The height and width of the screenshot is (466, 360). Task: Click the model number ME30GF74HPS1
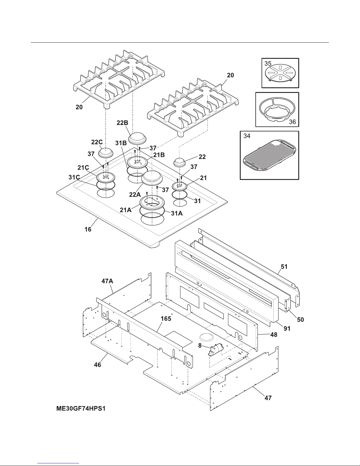(x=81, y=409)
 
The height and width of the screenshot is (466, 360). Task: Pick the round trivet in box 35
(x=280, y=74)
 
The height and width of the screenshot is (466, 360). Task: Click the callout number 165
(x=166, y=319)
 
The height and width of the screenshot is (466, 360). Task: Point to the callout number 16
(x=88, y=229)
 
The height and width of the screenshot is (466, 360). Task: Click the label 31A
(x=177, y=214)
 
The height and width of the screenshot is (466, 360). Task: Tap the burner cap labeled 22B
(x=139, y=138)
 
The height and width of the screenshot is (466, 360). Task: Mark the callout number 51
(x=284, y=267)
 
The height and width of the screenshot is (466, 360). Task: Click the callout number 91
(x=287, y=328)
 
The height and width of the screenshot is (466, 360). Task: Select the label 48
(x=274, y=335)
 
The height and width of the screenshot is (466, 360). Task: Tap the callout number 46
(x=98, y=365)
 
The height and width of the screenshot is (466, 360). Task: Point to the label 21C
(x=83, y=167)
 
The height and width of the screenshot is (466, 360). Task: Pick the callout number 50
(x=300, y=319)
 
